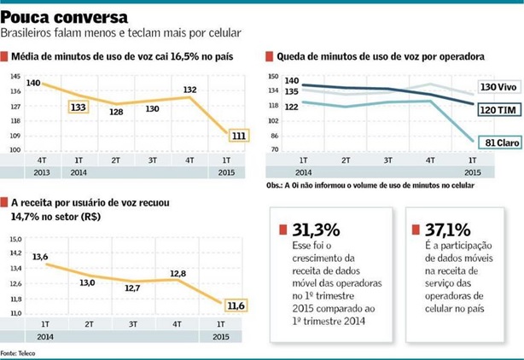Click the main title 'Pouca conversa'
[66, 16]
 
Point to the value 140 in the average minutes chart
[33, 83]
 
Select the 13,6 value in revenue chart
[39, 256]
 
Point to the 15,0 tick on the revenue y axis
[15, 239]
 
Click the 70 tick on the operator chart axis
[274, 150]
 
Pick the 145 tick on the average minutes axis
[15, 78]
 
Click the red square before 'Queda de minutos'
[270, 56]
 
